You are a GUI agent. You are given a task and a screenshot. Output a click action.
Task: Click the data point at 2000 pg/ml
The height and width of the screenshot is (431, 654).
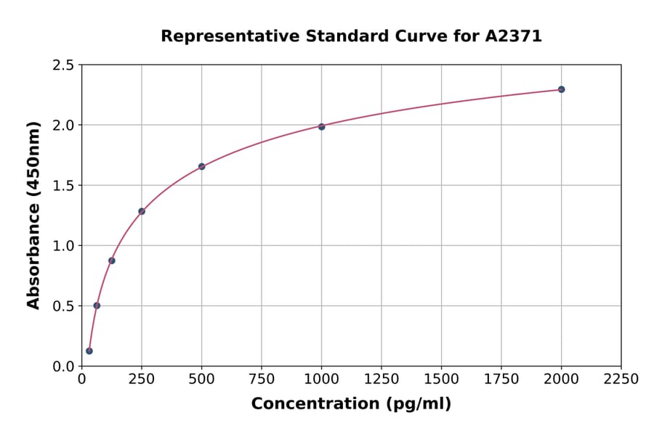coord(561,89)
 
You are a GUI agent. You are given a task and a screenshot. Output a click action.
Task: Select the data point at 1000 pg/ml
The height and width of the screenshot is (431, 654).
coord(321,126)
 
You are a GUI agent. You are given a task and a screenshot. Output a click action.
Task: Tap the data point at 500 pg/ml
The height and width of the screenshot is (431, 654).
coord(201,166)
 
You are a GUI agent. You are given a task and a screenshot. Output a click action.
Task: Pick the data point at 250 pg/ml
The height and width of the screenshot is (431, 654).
coord(142,211)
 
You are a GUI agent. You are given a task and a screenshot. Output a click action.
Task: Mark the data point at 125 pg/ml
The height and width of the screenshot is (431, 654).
coord(112,260)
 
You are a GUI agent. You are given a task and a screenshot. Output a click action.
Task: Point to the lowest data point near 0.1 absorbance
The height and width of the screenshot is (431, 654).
coord(89,351)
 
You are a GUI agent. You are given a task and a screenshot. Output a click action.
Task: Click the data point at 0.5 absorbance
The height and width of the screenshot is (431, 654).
coord(97,305)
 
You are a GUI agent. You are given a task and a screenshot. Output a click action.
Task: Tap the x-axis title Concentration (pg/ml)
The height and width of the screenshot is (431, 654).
coord(351,404)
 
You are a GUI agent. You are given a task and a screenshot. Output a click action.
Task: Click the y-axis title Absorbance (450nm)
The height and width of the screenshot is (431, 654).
coord(33,215)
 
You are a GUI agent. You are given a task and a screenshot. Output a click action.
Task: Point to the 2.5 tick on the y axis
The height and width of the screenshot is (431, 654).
coord(63,65)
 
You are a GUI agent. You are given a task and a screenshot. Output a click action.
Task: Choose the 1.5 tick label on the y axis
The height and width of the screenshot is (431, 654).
coord(63,186)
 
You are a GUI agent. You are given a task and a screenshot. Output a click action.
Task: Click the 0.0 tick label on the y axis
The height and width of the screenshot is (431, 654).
coord(63,366)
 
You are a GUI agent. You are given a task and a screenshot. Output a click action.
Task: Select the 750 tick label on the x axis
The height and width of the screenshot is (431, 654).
coord(262,379)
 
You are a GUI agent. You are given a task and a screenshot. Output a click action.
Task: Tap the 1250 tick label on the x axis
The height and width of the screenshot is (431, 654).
coord(381,379)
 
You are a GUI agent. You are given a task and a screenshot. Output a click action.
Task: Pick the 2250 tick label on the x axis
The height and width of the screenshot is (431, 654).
coord(621,379)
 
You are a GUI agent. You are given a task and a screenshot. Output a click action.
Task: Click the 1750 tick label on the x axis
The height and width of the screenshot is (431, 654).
coord(501,379)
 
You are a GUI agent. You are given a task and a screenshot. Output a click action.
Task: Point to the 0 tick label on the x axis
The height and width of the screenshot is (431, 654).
coord(81,379)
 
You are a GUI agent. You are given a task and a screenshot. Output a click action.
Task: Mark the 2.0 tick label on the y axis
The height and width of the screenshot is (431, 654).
coord(63,126)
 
